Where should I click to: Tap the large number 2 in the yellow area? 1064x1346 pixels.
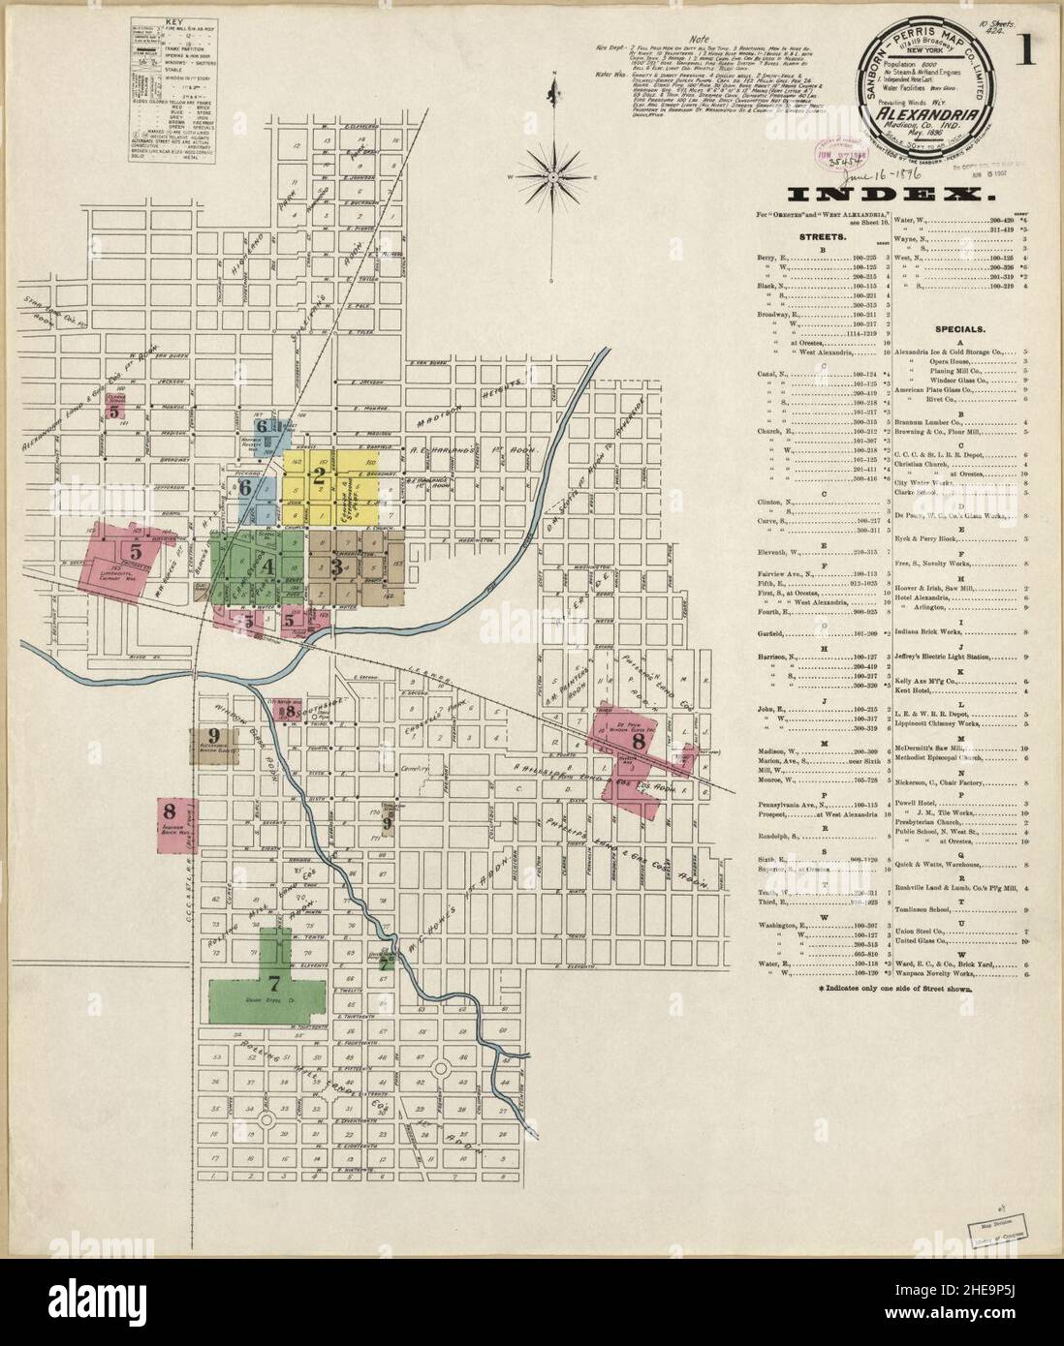coord(319,474)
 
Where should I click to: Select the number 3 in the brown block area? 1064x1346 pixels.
coord(336,566)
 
